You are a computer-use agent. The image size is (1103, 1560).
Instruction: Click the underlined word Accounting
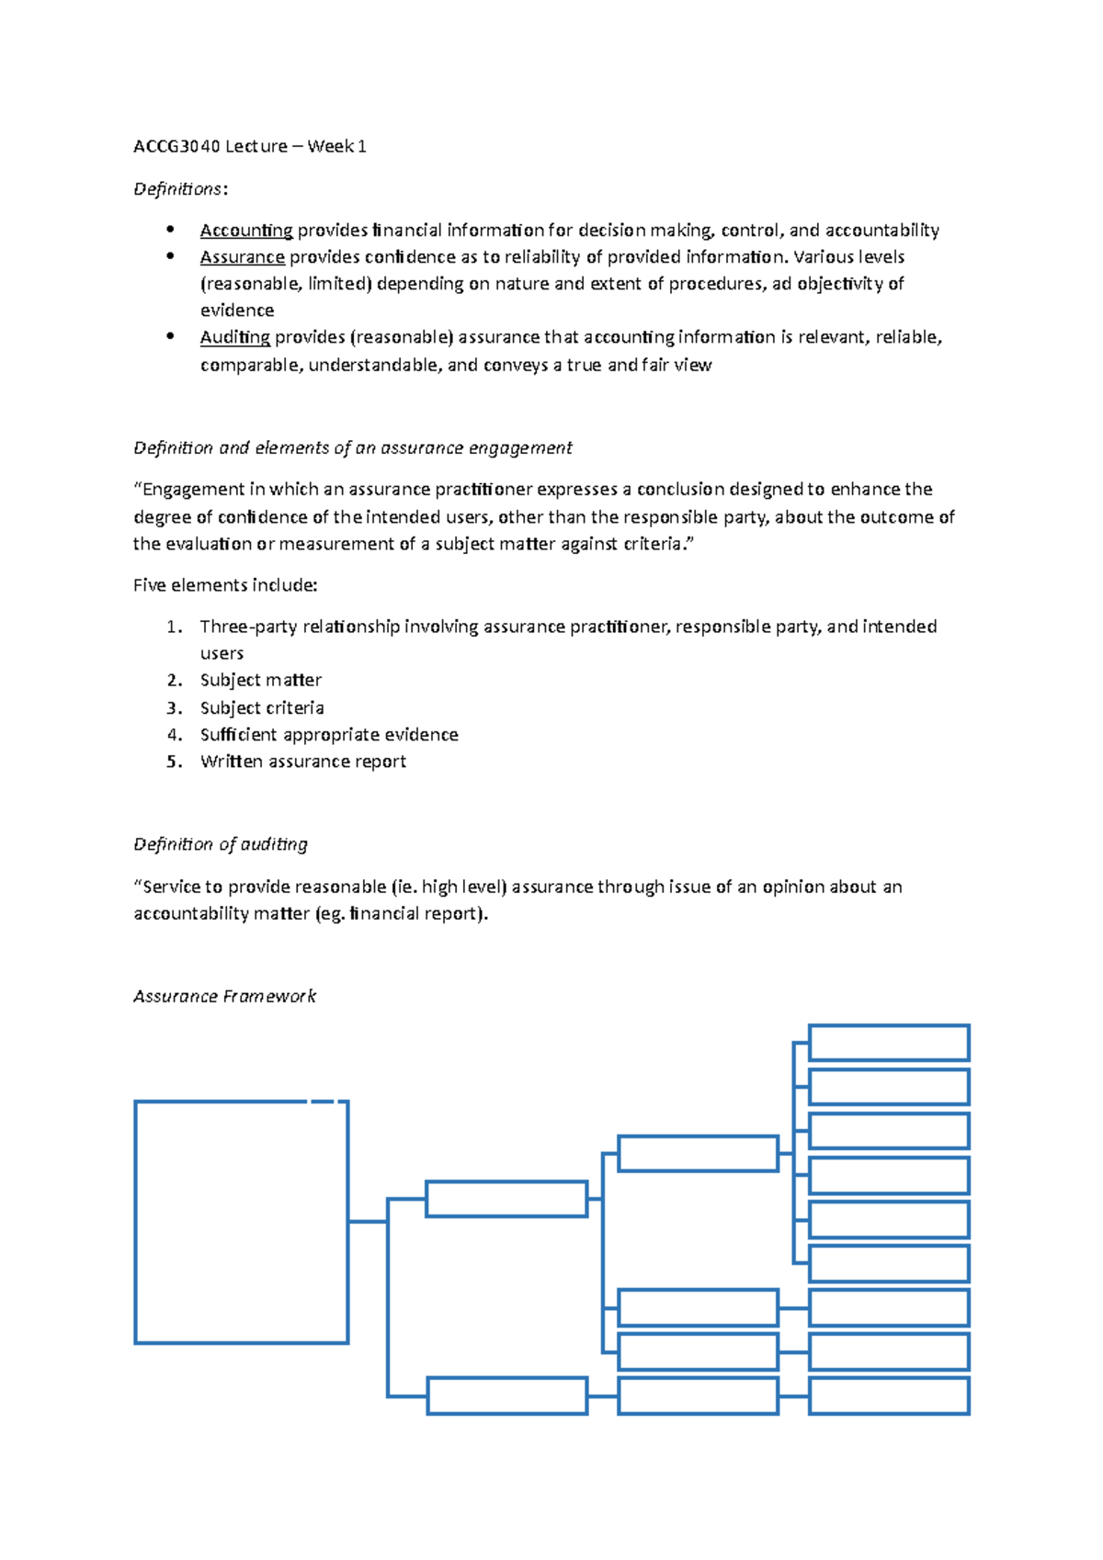[245, 231]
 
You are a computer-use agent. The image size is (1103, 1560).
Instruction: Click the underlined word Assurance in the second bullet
[242, 257]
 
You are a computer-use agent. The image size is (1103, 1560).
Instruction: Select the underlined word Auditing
[234, 337]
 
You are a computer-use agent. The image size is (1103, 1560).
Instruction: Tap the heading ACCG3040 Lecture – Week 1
[249, 146]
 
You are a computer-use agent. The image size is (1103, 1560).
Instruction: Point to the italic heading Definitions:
[180, 189]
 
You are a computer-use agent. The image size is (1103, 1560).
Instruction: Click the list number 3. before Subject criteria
[175, 708]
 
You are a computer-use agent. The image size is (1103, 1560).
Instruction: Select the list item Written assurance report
[302, 762]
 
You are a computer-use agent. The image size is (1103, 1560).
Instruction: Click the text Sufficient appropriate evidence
[329, 735]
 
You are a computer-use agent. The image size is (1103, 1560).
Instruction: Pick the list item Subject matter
[260, 681]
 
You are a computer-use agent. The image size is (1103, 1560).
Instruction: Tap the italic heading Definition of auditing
[220, 844]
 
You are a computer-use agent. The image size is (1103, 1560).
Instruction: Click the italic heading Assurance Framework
[224, 997]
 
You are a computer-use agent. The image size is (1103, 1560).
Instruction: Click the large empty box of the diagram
[241, 1222]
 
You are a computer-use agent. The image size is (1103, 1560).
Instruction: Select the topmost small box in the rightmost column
[888, 1044]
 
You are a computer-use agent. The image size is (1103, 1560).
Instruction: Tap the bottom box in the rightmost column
[888, 1396]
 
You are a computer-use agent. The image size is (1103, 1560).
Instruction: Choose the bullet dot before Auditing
[170, 336]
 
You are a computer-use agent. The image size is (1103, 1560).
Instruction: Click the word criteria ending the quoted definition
[653, 544]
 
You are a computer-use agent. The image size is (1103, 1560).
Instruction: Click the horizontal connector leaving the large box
[367, 1221]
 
